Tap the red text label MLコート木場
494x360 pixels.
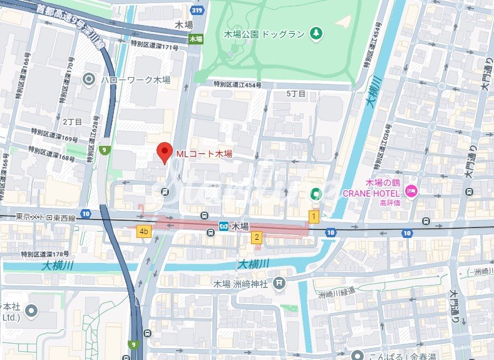(203, 153)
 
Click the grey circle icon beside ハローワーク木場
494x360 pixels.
(89, 79)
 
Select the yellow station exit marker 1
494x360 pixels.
(314, 216)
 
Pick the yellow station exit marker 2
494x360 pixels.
(256, 237)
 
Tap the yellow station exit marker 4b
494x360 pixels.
(144, 232)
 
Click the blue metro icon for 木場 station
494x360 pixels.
(224, 225)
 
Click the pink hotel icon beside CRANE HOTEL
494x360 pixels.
(411, 191)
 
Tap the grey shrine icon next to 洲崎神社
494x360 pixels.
(279, 284)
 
